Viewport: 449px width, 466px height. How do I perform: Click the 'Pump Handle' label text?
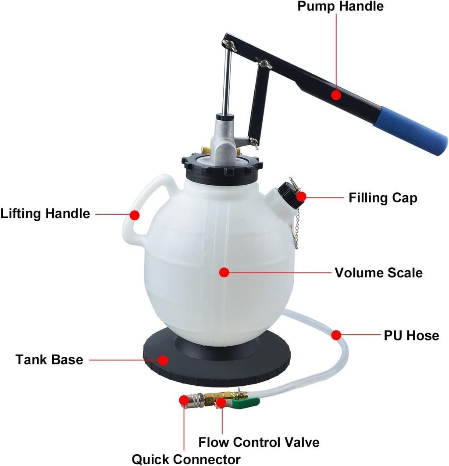(x=340, y=7)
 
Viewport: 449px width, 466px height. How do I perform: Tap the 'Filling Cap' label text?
(x=383, y=198)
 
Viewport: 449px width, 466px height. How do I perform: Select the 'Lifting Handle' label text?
(x=45, y=214)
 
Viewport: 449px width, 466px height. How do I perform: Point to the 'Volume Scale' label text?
(x=378, y=272)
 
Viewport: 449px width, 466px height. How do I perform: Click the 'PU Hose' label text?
(x=411, y=336)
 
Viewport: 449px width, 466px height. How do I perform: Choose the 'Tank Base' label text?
(x=49, y=360)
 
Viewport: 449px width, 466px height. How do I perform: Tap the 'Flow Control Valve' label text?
(x=259, y=442)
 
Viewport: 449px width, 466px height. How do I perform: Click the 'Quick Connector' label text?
(x=186, y=459)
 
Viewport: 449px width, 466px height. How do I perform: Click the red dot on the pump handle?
(x=336, y=95)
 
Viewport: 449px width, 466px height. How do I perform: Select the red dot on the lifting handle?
(x=135, y=215)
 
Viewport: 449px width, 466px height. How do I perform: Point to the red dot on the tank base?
(x=163, y=360)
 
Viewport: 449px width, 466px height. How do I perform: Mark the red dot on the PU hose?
(x=336, y=335)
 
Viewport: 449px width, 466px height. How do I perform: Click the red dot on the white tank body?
(x=224, y=272)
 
